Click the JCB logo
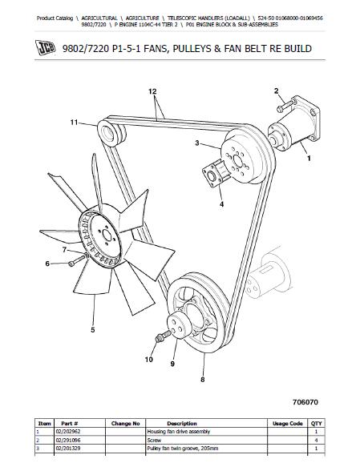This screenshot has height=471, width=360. click(x=46, y=48)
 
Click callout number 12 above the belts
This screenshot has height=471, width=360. click(x=152, y=91)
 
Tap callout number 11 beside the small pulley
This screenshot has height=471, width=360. click(x=74, y=123)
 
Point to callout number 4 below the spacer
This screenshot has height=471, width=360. click(x=221, y=204)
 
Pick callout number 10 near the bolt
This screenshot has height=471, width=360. click(x=148, y=360)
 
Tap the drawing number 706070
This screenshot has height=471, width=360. click(x=305, y=402)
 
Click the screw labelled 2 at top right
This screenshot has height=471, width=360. click(x=284, y=107)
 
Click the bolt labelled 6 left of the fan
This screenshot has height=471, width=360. click(x=77, y=260)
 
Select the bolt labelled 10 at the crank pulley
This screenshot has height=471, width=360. click(x=163, y=336)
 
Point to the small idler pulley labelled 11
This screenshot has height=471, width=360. click(x=111, y=132)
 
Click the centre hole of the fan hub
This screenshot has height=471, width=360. click(x=106, y=234)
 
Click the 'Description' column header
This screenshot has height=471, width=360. click(x=182, y=424)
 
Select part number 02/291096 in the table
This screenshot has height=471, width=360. click(x=68, y=440)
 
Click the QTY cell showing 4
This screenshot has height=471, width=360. click(x=316, y=440)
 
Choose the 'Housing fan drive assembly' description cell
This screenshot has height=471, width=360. click(x=179, y=432)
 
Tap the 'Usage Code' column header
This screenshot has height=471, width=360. click(x=287, y=424)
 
